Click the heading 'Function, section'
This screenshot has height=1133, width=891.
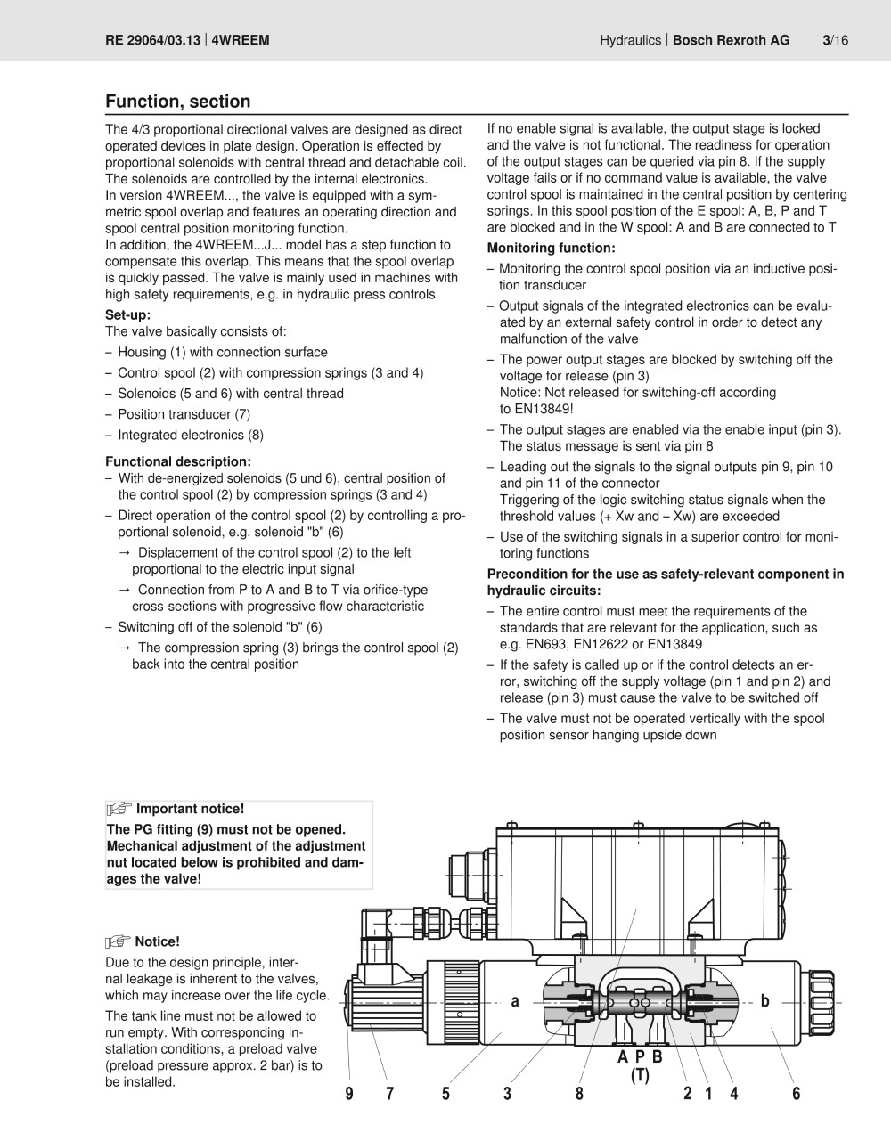(x=178, y=102)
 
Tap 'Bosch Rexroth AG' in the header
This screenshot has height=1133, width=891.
(x=731, y=40)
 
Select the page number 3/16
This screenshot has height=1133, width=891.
(x=835, y=40)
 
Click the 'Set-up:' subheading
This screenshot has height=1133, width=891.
(x=128, y=314)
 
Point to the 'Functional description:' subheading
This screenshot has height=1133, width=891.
(x=178, y=461)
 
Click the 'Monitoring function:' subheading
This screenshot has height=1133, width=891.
(x=551, y=248)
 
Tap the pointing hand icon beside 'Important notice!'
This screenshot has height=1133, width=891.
(x=119, y=809)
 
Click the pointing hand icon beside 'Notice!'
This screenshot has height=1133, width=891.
(x=119, y=941)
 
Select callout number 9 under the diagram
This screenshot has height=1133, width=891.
(x=349, y=1094)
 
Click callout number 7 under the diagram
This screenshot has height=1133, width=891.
(x=389, y=1094)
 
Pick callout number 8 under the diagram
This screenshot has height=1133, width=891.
(x=579, y=1094)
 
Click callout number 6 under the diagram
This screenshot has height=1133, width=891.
(x=797, y=1094)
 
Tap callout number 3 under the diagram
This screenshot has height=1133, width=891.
(x=507, y=1094)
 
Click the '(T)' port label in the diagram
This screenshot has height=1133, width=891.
(x=640, y=1076)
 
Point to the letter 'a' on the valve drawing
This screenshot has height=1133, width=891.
(x=515, y=1001)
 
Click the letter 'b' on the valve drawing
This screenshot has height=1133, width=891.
(x=764, y=1001)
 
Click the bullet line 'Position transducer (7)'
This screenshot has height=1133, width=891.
(x=184, y=414)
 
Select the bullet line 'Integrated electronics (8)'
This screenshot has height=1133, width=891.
(x=191, y=435)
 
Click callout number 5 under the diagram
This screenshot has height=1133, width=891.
(x=445, y=1094)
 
